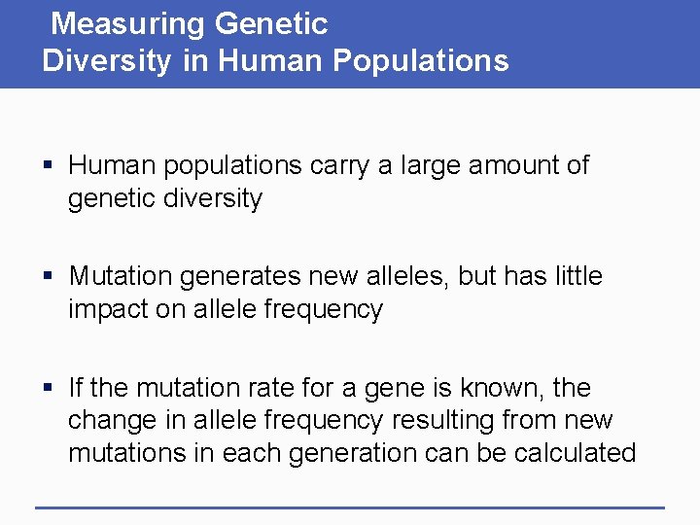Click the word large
pyautogui.click(x=427, y=165)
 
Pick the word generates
pyautogui.click(x=232, y=277)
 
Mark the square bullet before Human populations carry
pyautogui.click(x=48, y=166)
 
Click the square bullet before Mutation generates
pyautogui.click(x=48, y=277)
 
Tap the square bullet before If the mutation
pyautogui.click(x=48, y=389)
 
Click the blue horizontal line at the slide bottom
pyautogui.click(x=350, y=507)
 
